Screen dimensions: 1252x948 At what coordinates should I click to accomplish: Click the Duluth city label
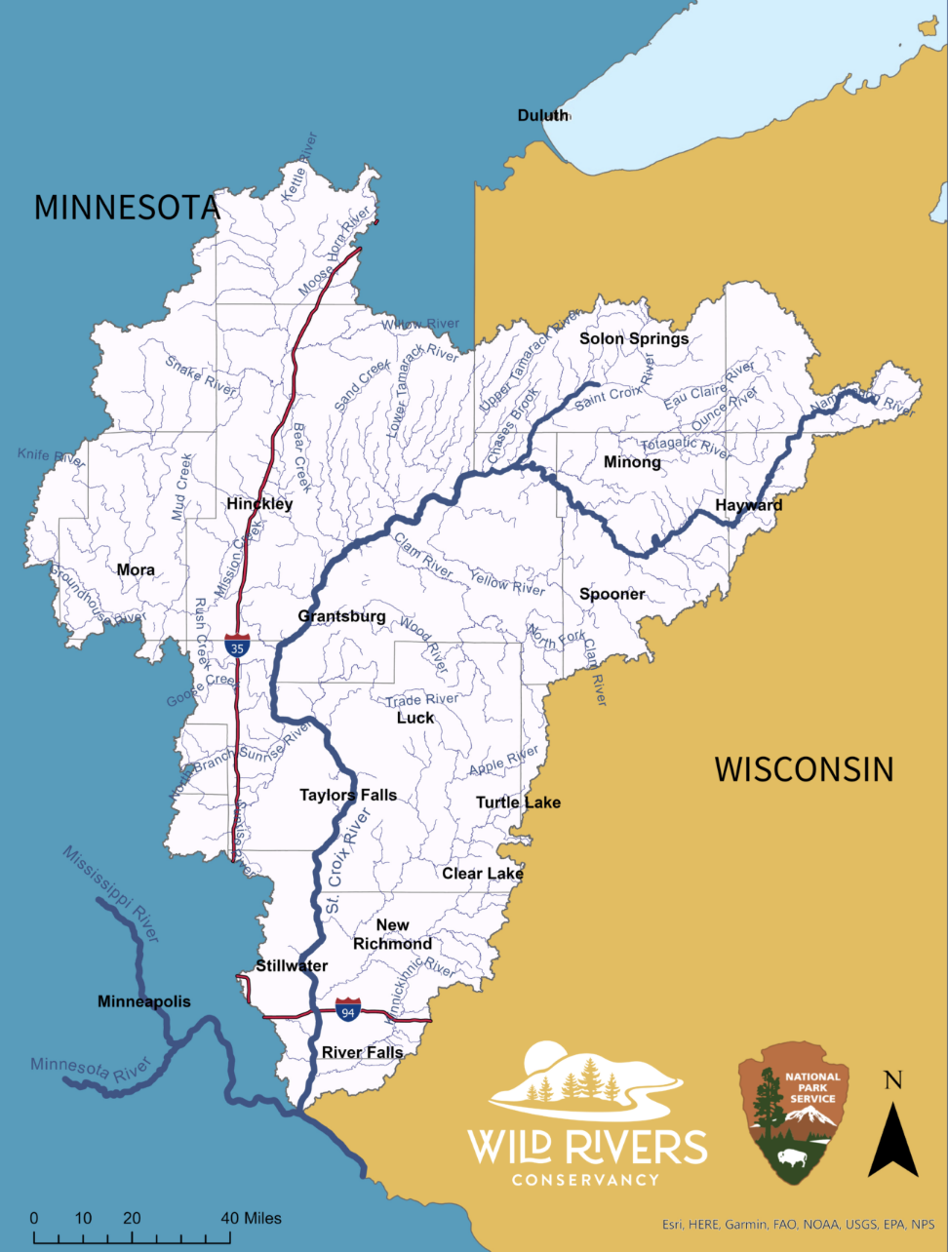(x=542, y=115)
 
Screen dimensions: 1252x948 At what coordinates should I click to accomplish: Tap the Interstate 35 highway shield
(x=236, y=646)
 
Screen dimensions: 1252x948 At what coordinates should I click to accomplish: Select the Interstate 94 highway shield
(x=348, y=1009)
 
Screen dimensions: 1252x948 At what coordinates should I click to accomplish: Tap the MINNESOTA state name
(x=127, y=207)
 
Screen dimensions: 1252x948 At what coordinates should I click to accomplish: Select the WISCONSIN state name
(x=804, y=768)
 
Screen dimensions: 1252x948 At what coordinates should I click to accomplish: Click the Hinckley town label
(x=259, y=504)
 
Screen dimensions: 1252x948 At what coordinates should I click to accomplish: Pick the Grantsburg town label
(x=341, y=616)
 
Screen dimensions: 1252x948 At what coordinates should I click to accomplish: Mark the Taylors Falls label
(x=348, y=795)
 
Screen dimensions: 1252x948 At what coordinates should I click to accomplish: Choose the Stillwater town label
(x=292, y=965)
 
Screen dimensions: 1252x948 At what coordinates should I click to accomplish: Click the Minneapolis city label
(x=144, y=1001)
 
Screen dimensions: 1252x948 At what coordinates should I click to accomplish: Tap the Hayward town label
(x=748, y=505)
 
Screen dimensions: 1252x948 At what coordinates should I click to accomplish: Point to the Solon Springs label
(x=634, y=338)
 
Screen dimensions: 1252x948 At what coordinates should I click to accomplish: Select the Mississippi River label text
(x=110, y=894)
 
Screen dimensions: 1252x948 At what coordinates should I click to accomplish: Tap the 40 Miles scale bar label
(x=251, y=1218)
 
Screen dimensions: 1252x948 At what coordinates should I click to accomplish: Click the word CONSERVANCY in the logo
(x=586, y=1179)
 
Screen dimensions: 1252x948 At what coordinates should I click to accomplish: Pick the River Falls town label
(x=362, y=1052)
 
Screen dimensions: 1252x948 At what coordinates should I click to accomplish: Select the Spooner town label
(x=612, y=594)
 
